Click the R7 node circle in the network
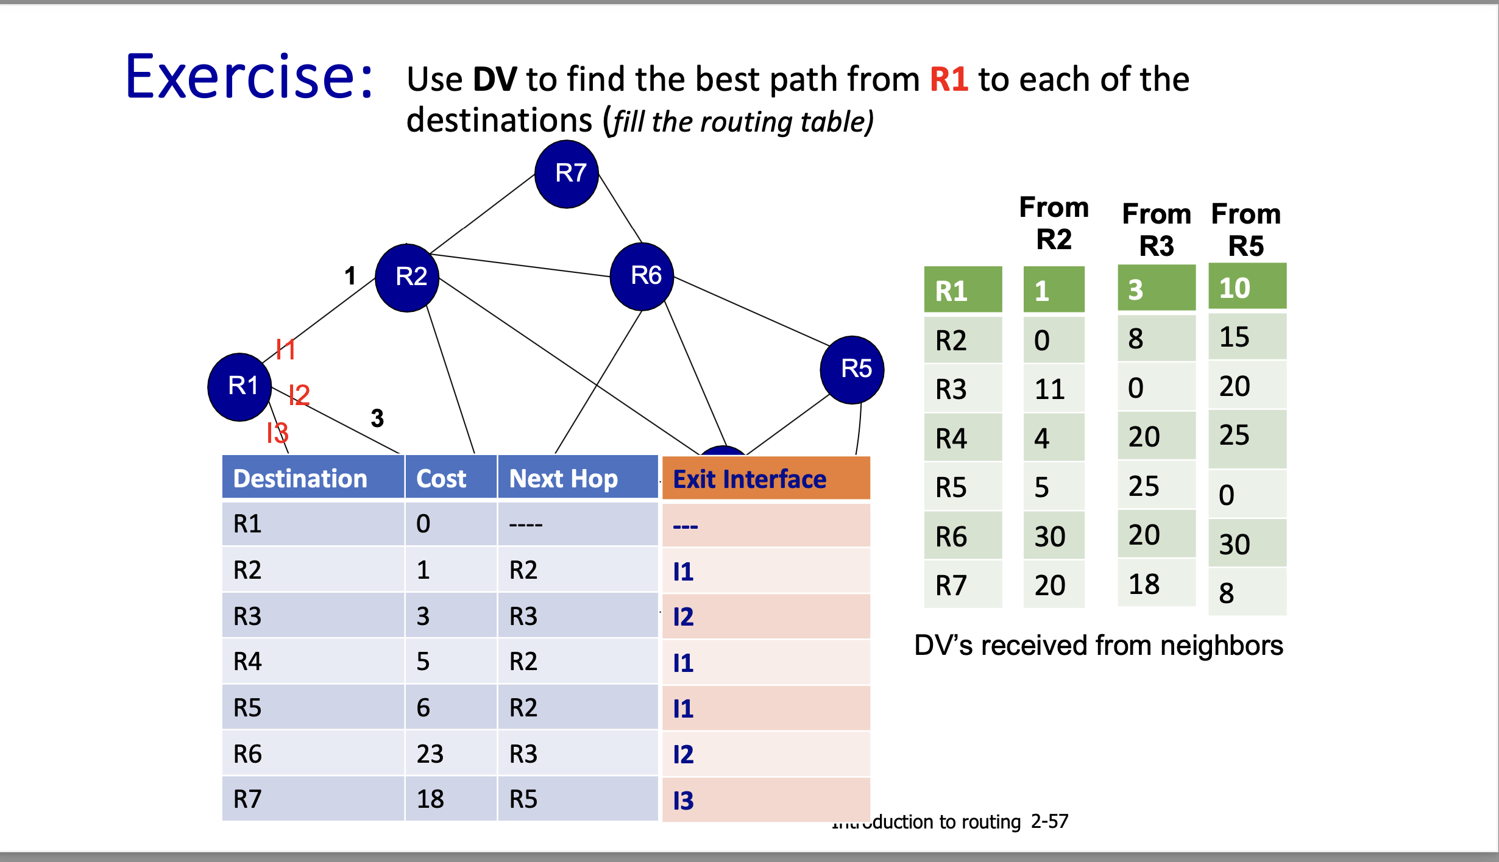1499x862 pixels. (x=567, y=174)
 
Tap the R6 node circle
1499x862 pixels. (x=642, y=276)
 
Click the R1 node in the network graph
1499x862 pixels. (x=239, y=387)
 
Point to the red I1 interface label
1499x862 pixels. (x=285, y=350)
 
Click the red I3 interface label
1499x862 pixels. (x=277, y=433)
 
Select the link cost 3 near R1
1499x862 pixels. (x=377, y=419)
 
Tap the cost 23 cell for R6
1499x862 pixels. (x=430, y=754)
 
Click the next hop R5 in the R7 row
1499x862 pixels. (x=523, y=799)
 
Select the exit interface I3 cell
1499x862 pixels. (x=684, y=800)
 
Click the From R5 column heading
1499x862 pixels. (x=1246, y=230)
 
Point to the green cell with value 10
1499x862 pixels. (x=1247, y=288)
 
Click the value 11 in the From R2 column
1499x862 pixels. (x=1049, y=389)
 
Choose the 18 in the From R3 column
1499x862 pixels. (x=1144, y=584)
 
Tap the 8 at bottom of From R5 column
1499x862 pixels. (x=1226, y=593)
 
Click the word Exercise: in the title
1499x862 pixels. (x=249, y=77)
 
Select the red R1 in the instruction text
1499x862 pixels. (x=949, y=79)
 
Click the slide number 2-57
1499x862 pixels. (x=1049, y=821)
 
